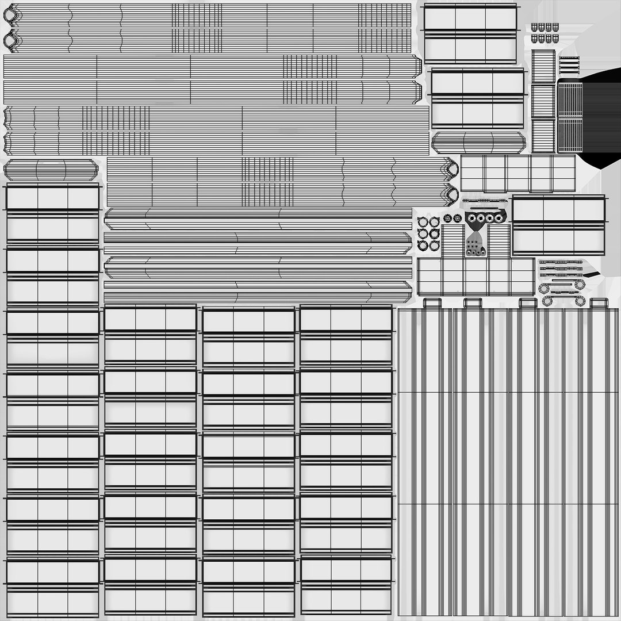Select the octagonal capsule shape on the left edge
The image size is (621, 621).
51,170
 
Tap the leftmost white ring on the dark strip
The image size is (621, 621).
472,218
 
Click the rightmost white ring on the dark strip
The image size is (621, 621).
499,218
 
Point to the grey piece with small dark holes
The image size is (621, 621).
476,246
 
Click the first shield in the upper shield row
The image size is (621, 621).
534,27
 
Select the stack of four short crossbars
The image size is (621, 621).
569,65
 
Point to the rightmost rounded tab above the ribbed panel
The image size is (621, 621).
598,303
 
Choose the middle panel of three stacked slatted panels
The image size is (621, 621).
543,101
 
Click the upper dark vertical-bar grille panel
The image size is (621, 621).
570,101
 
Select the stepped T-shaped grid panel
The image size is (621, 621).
476,276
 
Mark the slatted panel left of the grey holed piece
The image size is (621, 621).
453,240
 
